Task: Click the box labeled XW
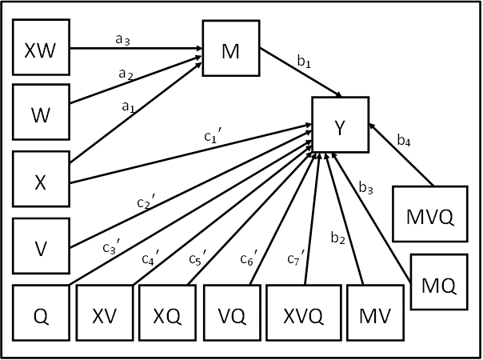click(x=42, y=47)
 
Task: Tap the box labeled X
click(x=42, y=181)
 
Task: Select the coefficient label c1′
click(x=213, y=137)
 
